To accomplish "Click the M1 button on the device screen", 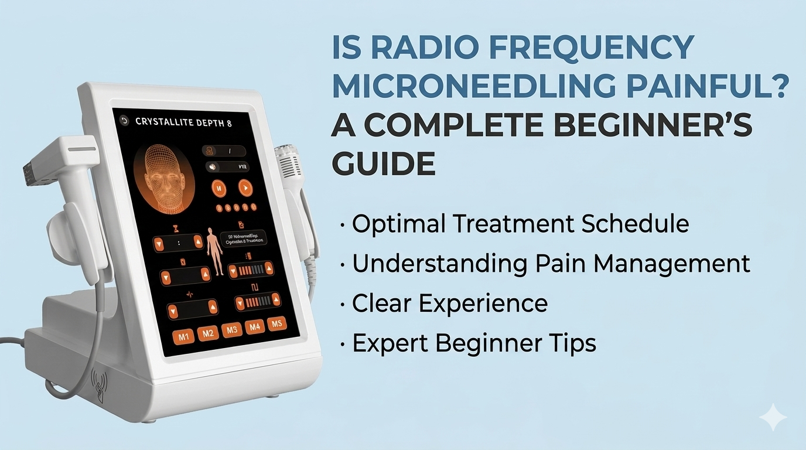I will coord(183,336).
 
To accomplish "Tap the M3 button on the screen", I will coord(231,330).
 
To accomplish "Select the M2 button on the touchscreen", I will coord(207,333).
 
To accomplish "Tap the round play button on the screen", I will coord(245,188).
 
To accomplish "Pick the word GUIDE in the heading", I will coord(383,163).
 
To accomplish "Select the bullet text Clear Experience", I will coord(449,304).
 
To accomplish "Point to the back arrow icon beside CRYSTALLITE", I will coord(124,121).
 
